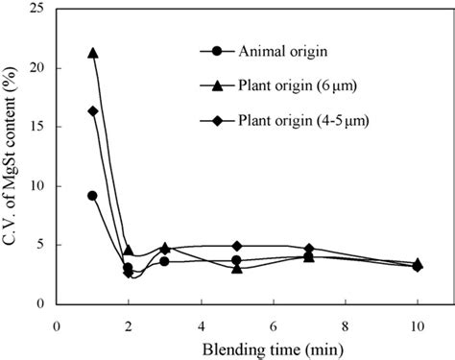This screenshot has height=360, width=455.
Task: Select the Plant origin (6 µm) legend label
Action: pos(292,86)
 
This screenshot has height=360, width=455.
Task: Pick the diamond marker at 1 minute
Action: pos(92,111)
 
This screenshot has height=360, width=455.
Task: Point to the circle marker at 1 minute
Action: pos(92,195)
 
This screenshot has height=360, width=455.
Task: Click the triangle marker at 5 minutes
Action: pos(237,268)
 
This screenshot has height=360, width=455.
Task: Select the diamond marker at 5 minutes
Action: pos(237,246)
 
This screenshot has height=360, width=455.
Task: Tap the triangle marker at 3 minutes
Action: pos(165,248)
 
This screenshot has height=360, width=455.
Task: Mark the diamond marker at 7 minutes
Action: pos(309,249)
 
